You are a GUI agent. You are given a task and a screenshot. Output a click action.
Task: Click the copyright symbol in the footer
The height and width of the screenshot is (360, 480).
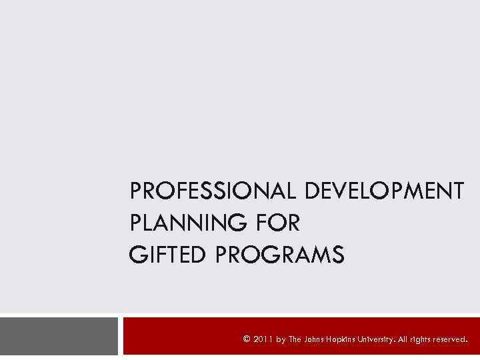247,339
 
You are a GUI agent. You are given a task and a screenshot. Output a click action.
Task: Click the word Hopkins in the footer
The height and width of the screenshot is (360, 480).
348,339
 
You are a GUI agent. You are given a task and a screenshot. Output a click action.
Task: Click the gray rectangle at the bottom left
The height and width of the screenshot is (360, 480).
59,336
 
